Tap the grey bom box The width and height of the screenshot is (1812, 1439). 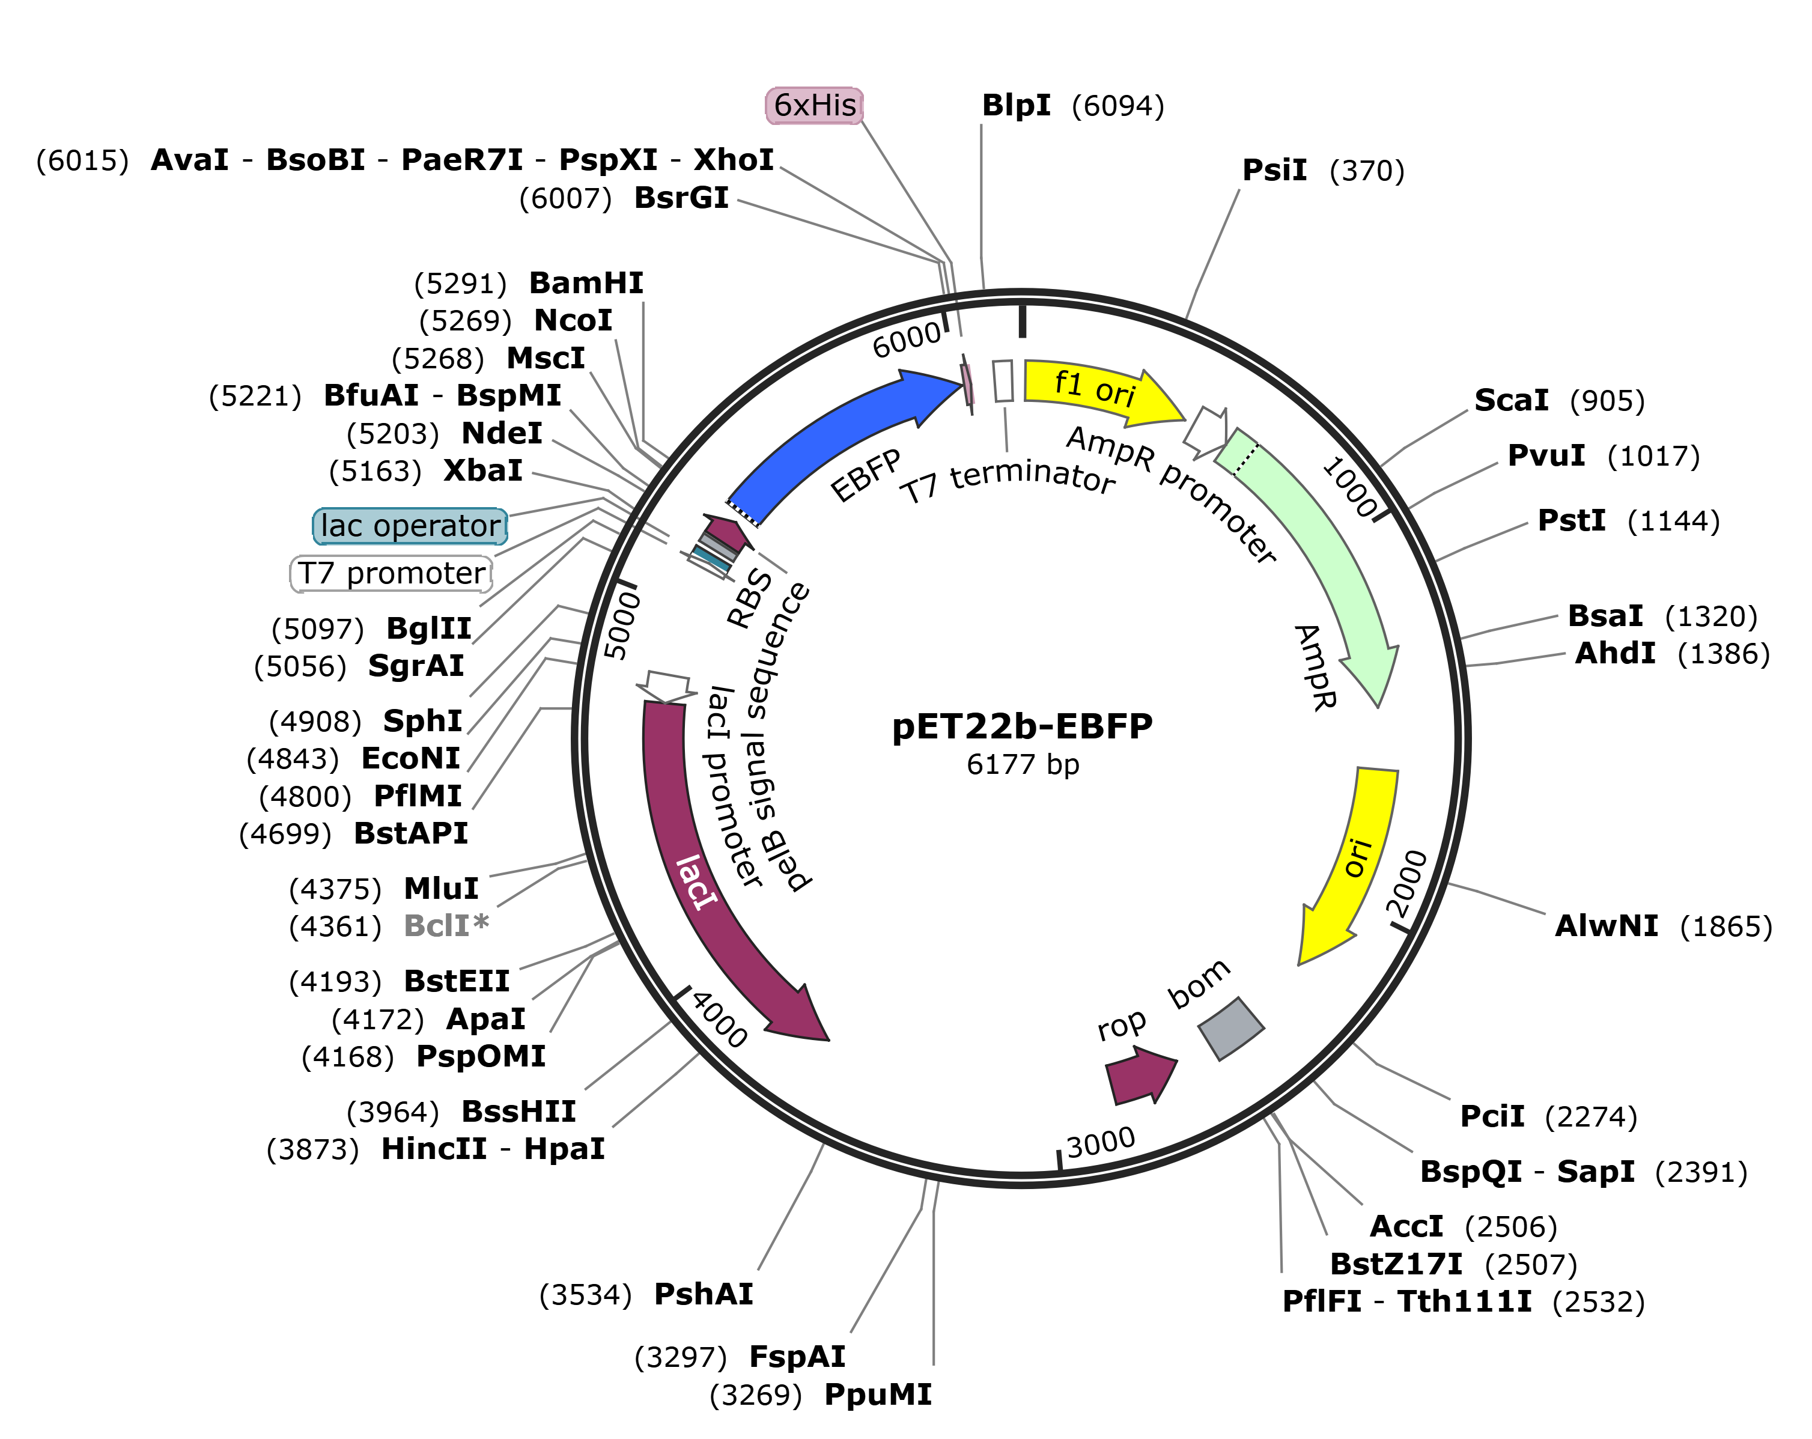tap(1230, 1028)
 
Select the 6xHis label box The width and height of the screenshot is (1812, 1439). tap(813, 106)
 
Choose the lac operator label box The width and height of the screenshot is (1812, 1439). tap(410, 526)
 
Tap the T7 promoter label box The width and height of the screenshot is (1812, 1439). tap(391, 574)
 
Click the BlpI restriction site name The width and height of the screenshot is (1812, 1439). tap(1016, 106)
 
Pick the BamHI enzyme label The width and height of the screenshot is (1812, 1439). tap(586, 283)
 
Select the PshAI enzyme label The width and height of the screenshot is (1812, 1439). tap(704, 1294)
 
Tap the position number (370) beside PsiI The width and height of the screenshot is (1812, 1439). tap(1367, 171)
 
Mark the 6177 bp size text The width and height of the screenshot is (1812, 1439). tap(1022, 765)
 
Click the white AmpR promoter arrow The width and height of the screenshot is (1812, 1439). tap(1206, 430)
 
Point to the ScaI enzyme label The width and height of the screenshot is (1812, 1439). tap(1510, 401)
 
